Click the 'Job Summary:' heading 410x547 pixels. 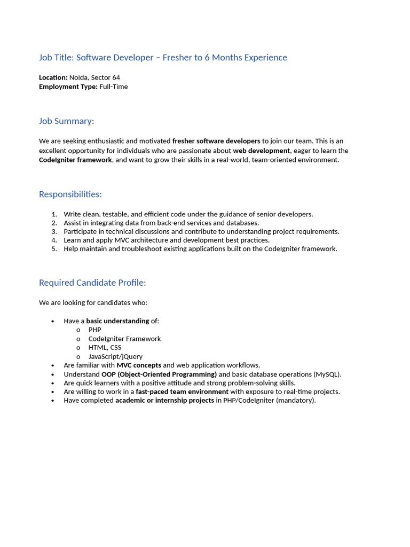coord(66,121)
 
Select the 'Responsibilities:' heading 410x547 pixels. coord(70,194)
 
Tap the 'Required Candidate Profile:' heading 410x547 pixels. coord(92,283)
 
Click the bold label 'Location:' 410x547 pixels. coord(53,77)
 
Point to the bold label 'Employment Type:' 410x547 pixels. coord(68,87)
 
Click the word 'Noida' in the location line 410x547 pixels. coord(79,77)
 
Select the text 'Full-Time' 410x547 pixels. coord(114,87)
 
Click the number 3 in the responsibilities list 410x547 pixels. coord(54,232)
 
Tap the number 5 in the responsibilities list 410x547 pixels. coord(54,249)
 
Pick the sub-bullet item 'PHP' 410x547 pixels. coord(94,330)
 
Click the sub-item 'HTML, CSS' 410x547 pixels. coord(105,348)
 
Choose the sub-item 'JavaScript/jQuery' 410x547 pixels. coord(115,357)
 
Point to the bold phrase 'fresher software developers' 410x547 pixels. coord(216,142)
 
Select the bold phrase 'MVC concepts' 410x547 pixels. coord(139,365)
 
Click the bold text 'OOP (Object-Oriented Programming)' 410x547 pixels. coord(159,374)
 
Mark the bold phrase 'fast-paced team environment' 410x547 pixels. coord(182,392)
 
